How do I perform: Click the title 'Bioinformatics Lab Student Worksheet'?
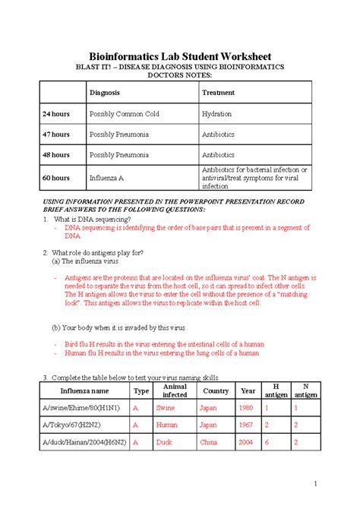pos(180,57)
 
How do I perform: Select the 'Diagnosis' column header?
pos(105,93)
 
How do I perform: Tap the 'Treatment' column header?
pos(218,93)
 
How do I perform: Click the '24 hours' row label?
pos(56,114)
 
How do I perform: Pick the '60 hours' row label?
pos(56,178)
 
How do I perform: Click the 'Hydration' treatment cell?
pos(216,114)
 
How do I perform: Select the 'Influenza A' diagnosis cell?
pos(108,178)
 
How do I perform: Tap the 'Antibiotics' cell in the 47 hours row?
pos(218,134)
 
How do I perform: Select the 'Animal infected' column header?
pos(175,390)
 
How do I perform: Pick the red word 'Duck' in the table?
pos(164,441)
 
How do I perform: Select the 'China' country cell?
pos(208,441)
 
